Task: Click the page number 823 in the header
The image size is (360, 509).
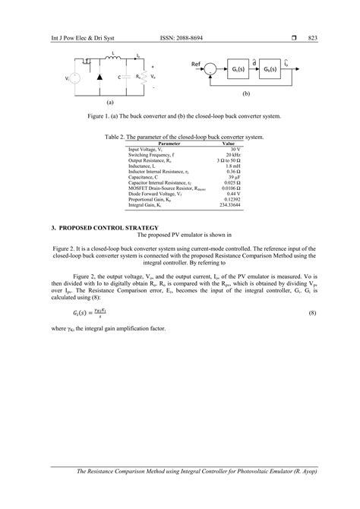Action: [312, 38]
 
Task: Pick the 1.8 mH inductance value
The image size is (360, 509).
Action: [229, 166]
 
